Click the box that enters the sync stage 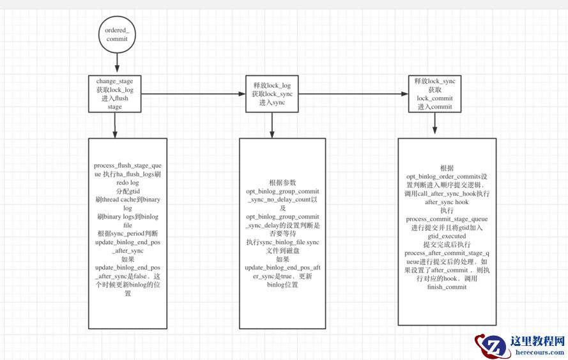(272, 94)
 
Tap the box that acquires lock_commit (434, 94)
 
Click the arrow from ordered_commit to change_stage (116, 63)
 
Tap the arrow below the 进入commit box (434, 125)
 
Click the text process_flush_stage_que (127, 165)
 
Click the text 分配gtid (127, 191)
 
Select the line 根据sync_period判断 (127, 233)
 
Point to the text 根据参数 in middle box (282, 182)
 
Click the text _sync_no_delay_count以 (282, 200)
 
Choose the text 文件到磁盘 (282, 251)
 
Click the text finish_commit (446, 287)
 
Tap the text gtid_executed (446, 236)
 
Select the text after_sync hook (446, 201)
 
